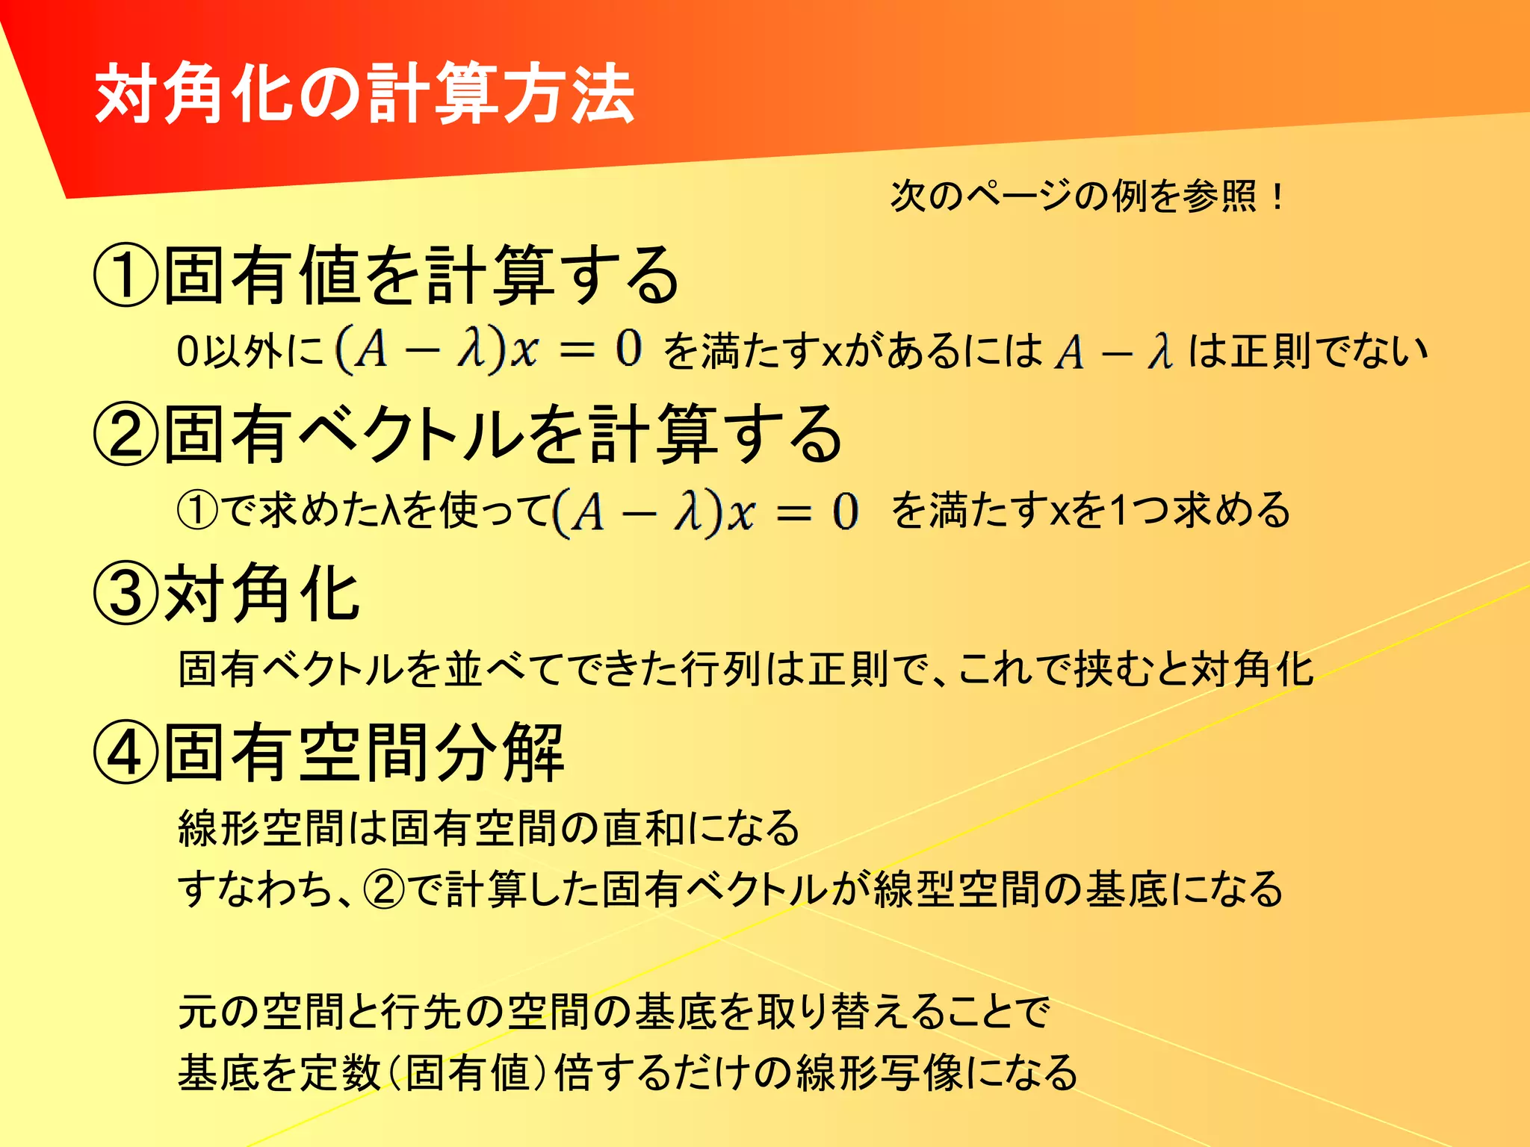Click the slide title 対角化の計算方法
click(365, 94)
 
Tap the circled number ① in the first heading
click(125, 275)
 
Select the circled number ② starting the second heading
click(125, 435)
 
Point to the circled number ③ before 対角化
click(125, 594)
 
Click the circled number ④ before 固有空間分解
click(125, 753)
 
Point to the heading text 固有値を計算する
click(421, 275)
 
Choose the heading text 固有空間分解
click(363, 753)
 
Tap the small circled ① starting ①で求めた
click(197, 512)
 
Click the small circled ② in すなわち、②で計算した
click(383, 889)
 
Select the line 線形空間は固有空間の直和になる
click(489, 827)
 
